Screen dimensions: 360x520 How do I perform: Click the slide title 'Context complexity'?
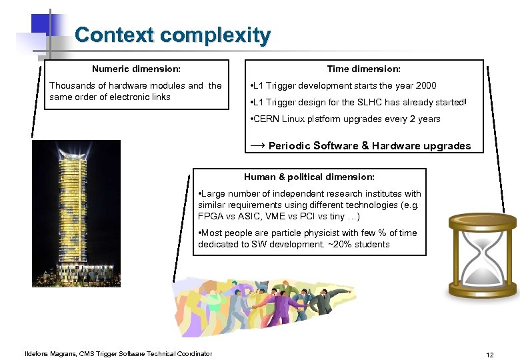(173, 35)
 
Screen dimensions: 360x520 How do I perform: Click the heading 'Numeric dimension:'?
(136, 69)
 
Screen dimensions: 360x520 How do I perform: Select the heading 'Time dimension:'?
(363, 69)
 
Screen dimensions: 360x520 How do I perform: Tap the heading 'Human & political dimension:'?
(309, 177)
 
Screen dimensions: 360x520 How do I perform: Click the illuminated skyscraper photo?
(75, 213)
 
